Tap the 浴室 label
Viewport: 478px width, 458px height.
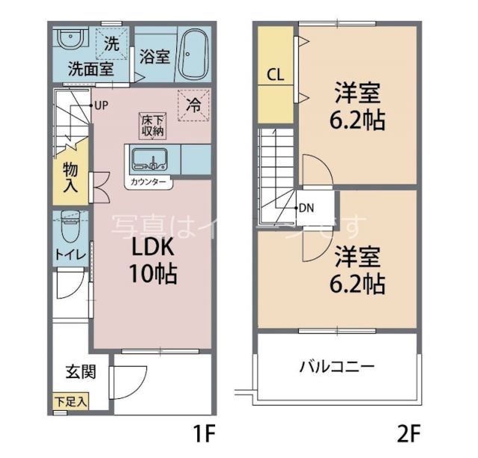click(155, 58)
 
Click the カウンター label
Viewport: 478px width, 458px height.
click(149, 182)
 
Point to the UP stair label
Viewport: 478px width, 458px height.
click(101, 105)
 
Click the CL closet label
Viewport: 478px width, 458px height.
click(275, 75)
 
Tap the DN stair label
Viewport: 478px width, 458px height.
click(305, 208)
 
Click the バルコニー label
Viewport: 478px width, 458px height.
click(337, 367)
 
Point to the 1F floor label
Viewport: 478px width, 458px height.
click(205, 433)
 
